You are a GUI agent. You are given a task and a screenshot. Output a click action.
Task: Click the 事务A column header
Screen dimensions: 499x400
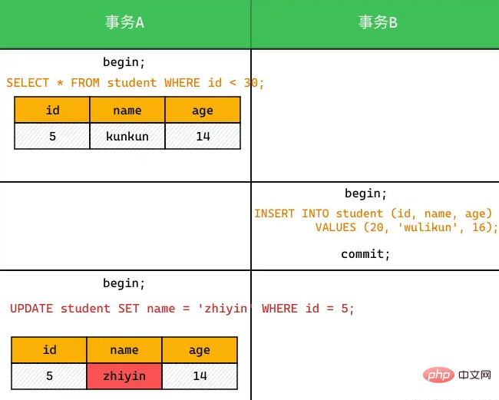[x=124, y=22]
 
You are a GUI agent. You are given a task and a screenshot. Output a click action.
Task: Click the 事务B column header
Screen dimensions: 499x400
[x=378, y=22]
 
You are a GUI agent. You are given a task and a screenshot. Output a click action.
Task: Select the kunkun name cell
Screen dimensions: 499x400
[x=127, y=136]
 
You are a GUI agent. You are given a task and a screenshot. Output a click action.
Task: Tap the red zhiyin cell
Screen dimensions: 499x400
[x=124, y=376]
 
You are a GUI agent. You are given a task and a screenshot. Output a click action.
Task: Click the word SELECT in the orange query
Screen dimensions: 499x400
[x=28, y=83]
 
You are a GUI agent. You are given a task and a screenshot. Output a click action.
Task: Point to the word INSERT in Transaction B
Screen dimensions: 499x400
[x=274, y=213]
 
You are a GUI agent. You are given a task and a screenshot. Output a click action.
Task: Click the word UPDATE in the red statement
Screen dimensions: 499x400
[x=31, y=309]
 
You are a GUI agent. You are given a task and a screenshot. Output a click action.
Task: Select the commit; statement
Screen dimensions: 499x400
[x=365, y=254]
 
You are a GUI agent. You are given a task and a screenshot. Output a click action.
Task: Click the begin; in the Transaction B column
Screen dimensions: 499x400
[x=365, y=193]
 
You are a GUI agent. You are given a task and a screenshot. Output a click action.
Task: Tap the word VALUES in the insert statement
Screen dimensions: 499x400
[x=335, y=227]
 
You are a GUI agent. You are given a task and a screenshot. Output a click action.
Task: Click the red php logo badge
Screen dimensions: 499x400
[x=438, y=375]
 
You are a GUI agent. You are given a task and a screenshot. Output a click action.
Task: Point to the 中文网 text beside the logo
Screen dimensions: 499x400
[x=474, y=375]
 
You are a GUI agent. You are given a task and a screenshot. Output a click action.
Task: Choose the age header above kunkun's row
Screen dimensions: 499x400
[x=203, y=110]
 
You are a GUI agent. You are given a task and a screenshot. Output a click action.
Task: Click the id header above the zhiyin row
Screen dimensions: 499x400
[x=49, y=350]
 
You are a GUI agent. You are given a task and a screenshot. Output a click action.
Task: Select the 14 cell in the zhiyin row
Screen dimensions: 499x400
[x=200, y=376]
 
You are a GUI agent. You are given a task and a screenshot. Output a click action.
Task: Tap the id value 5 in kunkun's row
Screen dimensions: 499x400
[x=52, y=136]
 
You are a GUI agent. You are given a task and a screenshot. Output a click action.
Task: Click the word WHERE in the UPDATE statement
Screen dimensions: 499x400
[x=279, y=309]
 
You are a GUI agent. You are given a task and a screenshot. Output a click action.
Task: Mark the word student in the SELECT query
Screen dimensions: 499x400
[x=132, y=83]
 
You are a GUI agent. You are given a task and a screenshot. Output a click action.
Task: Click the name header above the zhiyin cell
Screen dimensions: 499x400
[x=124, y=350]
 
